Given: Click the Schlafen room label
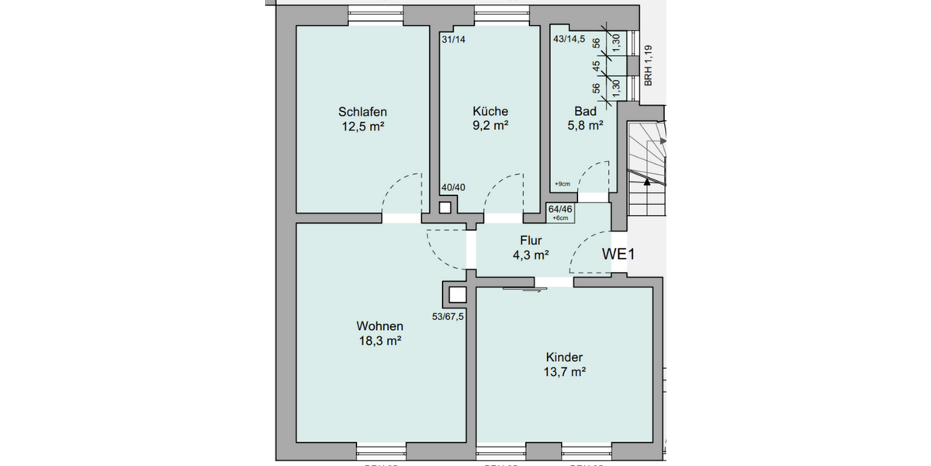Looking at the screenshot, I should tap(362, 111).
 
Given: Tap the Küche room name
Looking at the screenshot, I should tap(490, 111).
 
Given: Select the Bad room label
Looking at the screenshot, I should tap(586, 111).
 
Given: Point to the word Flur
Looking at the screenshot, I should tap(531, 240).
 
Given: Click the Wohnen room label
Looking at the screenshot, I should tap(379, 325).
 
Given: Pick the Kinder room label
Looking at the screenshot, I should tap(564, 357).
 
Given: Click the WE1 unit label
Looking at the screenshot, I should tap(620, 254).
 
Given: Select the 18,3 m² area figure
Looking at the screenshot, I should tap(379, 340).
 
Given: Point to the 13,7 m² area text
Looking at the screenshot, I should tap(565, 372).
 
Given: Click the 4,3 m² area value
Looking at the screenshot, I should tap(531, 254).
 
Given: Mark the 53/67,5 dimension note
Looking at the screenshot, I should tap(448, 316).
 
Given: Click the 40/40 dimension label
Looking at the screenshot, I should tap(453, 187).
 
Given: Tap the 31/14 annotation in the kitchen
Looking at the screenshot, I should tap(453, 39).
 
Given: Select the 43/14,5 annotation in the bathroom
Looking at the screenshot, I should tap(569, 39).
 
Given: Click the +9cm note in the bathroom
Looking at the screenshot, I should tap(562, 184).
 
